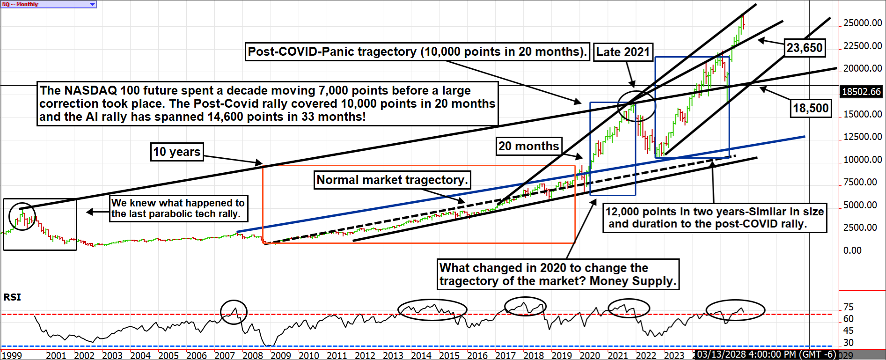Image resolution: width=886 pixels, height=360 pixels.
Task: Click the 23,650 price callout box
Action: pos(804,48)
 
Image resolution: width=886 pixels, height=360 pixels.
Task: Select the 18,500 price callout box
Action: pos(811,108)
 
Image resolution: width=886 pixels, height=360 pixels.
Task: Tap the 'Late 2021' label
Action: pos(623,52)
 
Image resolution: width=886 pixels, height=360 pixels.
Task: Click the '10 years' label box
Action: pos(176,152)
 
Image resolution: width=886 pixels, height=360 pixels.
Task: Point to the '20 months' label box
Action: pos(529,146)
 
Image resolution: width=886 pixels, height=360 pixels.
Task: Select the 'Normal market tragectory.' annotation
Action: pos(392,180)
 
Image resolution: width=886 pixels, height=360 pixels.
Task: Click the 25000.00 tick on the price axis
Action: pos(862,23)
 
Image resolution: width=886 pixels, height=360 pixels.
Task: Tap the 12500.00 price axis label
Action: pos(862,137)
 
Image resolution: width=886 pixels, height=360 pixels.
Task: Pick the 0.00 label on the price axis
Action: pos(852,250)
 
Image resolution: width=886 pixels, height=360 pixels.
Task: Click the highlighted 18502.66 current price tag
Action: pos(861,92)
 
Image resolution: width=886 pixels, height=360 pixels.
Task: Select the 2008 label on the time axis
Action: pos(253,355)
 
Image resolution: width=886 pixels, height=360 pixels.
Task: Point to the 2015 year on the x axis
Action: pos(449,355)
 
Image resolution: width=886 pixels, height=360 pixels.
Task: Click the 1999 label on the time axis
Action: pos(11,355)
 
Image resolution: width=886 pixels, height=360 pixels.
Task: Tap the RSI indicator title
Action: pos(12,297)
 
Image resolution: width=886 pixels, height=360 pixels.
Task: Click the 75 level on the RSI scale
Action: pos(848,307)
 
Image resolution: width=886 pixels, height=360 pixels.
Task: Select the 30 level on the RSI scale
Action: pos(848,343)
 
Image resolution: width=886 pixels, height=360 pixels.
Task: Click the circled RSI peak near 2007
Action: pos(234,312)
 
